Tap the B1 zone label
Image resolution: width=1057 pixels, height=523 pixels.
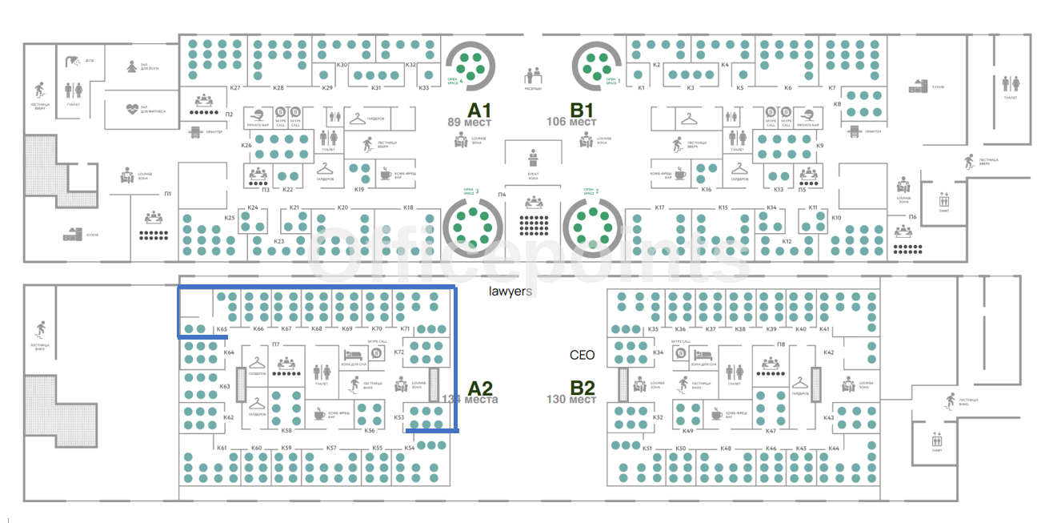(582, 109)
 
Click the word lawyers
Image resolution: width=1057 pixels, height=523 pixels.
(510, 292)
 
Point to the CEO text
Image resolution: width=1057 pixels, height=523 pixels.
(583, 355)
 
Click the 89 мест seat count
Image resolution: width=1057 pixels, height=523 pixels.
(469, 123)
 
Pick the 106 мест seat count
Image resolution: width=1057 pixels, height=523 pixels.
(572, 123)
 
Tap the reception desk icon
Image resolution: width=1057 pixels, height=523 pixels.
(533, 76)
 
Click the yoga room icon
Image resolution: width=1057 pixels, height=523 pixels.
(134, 66)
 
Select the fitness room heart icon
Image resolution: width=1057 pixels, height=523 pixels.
(134, 107)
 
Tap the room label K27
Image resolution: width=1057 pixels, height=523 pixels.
(235, 87)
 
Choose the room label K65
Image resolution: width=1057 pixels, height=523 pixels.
(222, 329)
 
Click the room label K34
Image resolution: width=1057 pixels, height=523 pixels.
(658, 352)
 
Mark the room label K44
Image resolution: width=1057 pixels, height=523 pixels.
(834, 448)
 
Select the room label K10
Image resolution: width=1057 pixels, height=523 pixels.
(836, 218)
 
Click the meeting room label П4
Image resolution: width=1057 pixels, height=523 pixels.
(502, 195)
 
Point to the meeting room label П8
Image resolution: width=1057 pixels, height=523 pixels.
(781, 344)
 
